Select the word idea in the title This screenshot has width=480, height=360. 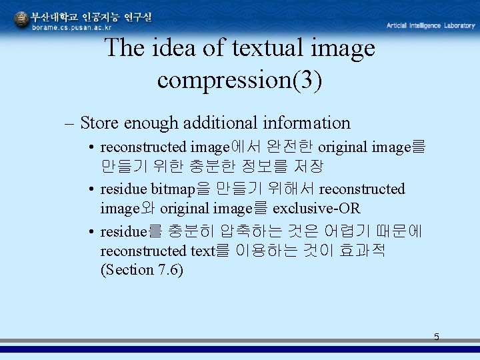[173, 48]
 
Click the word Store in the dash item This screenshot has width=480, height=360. [100, 123]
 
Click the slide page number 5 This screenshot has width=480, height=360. [437, 337]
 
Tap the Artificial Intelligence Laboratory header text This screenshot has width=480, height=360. [431, 25]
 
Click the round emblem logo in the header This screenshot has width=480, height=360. [21, 20]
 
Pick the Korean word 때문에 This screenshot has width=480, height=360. [403, 232]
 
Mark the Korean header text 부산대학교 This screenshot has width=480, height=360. [55, 16]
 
